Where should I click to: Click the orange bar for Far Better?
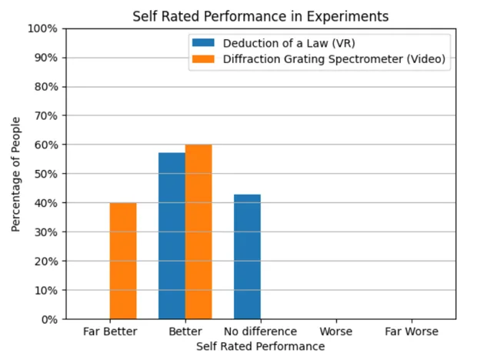point(123,261)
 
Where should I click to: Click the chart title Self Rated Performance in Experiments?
point(260,15)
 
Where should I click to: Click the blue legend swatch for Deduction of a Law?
point(203,43)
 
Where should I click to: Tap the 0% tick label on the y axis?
point(48,319)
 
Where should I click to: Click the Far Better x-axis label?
point(110,332)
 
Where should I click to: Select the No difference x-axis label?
point(260,332)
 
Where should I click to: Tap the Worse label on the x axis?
point(335,332)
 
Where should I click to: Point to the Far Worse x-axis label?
point(411,332)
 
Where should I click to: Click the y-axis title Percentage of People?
point(16,174)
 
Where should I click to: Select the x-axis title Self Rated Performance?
point(260,346)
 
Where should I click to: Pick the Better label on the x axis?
point(185,332)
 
